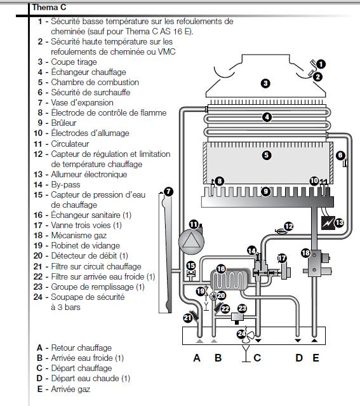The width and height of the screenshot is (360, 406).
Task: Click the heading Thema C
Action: pos(49,7)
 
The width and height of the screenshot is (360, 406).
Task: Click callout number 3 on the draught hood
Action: pos(265,83)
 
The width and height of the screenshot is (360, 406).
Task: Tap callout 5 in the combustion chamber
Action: pos(267,155)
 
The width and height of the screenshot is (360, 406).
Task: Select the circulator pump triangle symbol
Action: pos(191,241)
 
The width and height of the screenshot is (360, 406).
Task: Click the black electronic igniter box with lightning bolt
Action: pos(328,223)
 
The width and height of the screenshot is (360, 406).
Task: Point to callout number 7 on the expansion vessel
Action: pos(168,192)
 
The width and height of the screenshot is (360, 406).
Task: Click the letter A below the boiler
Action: pos(197,358)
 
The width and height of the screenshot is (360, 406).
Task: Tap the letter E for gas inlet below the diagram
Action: pos(316,358)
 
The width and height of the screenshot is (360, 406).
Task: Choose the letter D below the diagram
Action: pos(299,358)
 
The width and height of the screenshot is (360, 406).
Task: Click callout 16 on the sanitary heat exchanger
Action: pos(221,269)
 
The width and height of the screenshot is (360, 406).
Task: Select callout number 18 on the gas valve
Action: pos(305,253)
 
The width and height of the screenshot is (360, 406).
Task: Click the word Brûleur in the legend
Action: pos(63,123)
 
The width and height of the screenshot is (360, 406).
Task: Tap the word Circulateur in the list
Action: pos(70,144)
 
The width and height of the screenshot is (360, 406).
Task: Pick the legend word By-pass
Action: pos(66,185)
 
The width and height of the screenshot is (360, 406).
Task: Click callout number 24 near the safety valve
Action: pos(241,334)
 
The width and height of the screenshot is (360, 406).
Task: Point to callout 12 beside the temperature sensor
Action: pos(288,227)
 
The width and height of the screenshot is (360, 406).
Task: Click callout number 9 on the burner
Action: pos(265,191)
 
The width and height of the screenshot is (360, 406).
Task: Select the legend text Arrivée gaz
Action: pos(70,389)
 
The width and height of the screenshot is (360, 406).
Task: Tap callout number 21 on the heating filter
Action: pos(188,318)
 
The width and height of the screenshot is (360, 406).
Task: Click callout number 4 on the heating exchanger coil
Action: pos(267,118)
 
